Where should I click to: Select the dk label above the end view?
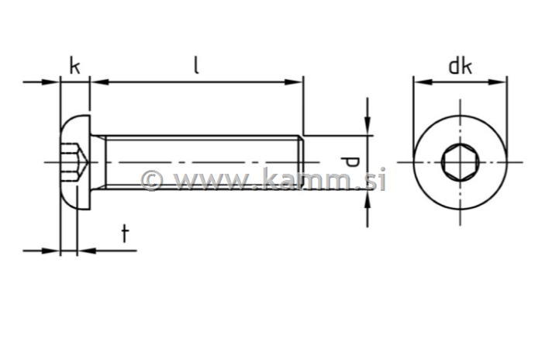pyautogui.click(x=460, y=66)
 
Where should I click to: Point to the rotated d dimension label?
pyautogui.click(x=350, y=162)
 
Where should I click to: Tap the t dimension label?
pyautogui.click(x=124, y=234)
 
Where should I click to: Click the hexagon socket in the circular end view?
pyautogui.click(x=460, y=162)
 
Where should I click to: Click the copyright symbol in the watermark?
pyautogui.click(x=151, y=180)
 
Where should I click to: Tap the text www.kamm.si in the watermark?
pyautogui.click(x=279, y=180)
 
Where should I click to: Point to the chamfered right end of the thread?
pyautogui.click(x=299, y=162)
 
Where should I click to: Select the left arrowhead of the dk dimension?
pyautogui.click(x=419, y=81)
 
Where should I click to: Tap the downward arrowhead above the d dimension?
pyautogui.click(x=368, y=126)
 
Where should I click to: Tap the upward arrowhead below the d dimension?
pyautogui.click(x=368, y=199)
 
